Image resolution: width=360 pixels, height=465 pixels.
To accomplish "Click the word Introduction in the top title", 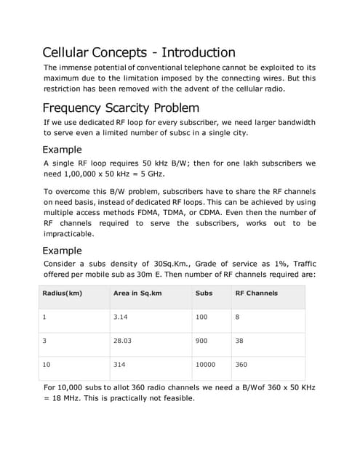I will tap(198, 52).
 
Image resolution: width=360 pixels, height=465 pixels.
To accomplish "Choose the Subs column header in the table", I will tap(204, 293).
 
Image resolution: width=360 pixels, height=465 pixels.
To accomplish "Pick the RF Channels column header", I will tap(256, 293).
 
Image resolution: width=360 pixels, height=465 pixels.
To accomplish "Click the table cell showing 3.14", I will tap(121, 318).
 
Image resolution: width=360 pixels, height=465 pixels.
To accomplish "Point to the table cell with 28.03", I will tap(123, 341).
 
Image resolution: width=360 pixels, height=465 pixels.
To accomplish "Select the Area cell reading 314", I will tap(120, 365).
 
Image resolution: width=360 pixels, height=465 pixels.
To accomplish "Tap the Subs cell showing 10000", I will tap(205, 365).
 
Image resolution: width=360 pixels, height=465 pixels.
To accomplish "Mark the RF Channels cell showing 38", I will tap(240, 341).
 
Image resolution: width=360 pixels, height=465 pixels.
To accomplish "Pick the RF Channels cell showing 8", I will tap(238, 318).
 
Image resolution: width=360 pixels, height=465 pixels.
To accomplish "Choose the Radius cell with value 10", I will tap(48, 365).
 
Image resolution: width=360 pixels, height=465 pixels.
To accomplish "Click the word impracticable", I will tap(68, 235).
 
